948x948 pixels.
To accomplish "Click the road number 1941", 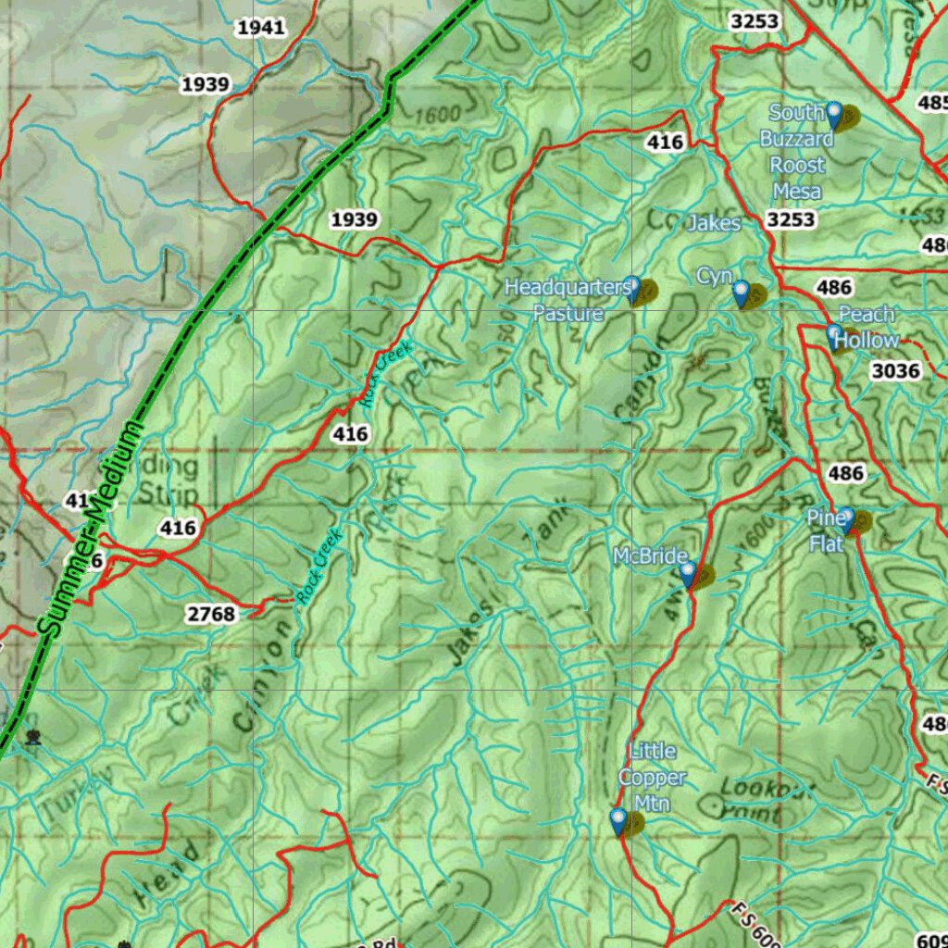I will [260, 28].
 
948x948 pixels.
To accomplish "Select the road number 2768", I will [211, 613].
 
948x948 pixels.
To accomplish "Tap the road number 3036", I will [895, 371].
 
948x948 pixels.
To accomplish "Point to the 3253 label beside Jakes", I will [792, 219].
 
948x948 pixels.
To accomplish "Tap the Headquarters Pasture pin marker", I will [633, 290].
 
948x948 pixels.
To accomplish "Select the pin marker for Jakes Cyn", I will [741, 294].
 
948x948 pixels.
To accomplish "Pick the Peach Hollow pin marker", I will [834, 336].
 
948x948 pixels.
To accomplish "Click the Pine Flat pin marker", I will [846, 520].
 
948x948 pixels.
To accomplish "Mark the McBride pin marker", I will [688, 575].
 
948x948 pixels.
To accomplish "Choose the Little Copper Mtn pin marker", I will [618, 822].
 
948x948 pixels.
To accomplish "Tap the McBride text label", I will [650, 556].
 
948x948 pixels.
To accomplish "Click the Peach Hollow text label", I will [867, 328].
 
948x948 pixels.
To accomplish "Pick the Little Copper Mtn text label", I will [653, 777].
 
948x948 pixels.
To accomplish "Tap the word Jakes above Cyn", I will [714, 223].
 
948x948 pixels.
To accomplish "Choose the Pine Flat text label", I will [825, 531].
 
